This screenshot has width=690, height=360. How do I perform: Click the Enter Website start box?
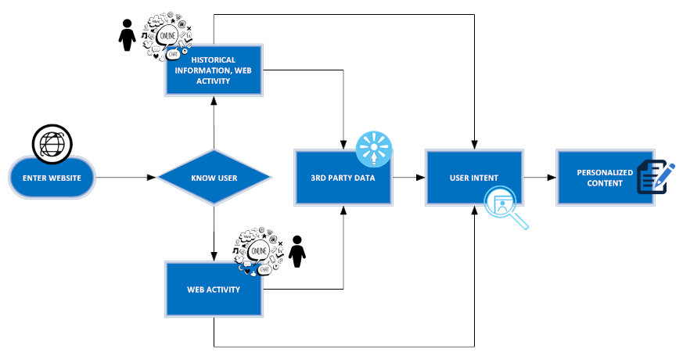click(52, 178)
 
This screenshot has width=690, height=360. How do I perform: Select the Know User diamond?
click(214, 178)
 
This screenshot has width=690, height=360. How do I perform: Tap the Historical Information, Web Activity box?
click(214, 70)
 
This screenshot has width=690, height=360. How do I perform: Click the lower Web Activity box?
click(214, 290)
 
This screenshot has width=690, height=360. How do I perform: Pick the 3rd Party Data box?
click(343, 178)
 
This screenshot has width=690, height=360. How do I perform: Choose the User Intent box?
click(474, 178)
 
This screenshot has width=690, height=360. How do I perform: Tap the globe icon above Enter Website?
click(52, 143)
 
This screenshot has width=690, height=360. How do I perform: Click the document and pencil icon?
click(655, 176)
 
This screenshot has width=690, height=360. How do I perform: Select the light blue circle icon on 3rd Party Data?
click(373, 148)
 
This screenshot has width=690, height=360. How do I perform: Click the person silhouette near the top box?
click(126, 36)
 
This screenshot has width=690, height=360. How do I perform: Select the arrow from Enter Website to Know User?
click(125, 178)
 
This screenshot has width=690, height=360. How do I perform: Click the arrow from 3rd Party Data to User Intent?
click(408, 178)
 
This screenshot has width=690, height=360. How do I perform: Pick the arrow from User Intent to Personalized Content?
click(539, 178)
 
